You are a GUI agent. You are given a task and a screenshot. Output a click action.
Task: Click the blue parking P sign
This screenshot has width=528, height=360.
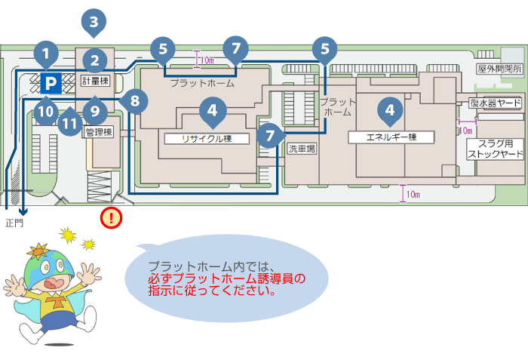pyautogui.click(x=51, y=83)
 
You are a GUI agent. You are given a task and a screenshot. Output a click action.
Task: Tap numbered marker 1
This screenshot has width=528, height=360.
pyautogui.click(x=46, y=54)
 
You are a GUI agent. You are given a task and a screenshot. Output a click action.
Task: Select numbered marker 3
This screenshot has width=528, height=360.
pyautogui.click(x=94, y=23)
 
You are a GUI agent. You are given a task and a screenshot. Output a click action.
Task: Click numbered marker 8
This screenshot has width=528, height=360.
pyautogui.click(x=134, y=101)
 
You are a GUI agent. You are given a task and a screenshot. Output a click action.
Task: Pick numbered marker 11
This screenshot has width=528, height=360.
pyautogui.click(x=69, y=122)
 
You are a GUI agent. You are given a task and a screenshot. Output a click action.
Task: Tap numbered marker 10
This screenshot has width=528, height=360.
pyautogui.click(x=46, y=110)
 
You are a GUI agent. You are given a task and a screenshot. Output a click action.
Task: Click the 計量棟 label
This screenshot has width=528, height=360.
pyautogui.click(x=96, y=81)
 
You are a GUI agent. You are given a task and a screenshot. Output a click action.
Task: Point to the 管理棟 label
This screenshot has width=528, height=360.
pyautogui.click(x=99, y=132)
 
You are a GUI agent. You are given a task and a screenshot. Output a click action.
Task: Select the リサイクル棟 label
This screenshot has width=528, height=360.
pyautogui.click(x=207, y=139)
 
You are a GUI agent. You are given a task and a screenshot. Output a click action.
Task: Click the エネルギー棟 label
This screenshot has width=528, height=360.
pyautogui.click(x=391, y=137)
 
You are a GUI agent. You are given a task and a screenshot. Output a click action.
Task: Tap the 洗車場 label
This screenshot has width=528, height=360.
pyautogui.click(x=302, y=149)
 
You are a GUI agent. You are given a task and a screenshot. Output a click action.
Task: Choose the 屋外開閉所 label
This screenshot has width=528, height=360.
pyautogui.click(x=499, y=69)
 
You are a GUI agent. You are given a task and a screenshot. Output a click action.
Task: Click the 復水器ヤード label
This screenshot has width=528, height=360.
pyautogui.click(x=496, y=103)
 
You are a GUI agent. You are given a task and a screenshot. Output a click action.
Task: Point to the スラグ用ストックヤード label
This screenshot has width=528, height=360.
pyautogui.click(x=496, y=149)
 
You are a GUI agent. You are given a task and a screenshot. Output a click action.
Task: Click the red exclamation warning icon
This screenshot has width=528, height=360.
pyautogui.click(x=111, y=218)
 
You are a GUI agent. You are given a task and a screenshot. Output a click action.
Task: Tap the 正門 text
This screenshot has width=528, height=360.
pyautogui.click(x=14, y=223)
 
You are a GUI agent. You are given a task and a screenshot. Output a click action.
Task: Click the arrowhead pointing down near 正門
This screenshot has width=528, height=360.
pyautogui.click(x=23, y=212)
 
